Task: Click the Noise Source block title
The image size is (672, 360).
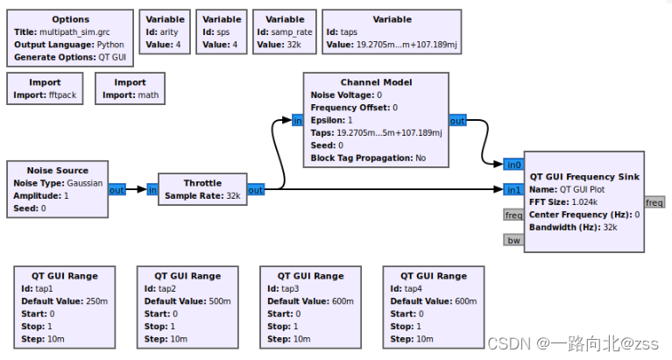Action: (x=59, y=170)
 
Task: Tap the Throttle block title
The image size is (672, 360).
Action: (x=202, y=183)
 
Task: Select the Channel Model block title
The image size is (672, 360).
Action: (x=375, y=82)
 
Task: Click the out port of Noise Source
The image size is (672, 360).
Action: (x=117, y=189)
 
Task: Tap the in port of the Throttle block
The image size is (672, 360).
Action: (x=152, y=189)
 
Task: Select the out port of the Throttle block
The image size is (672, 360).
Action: (x=255, y=189)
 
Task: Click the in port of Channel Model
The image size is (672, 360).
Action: (x=298, y=121)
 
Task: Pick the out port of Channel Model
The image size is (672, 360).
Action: (x=457, y=121)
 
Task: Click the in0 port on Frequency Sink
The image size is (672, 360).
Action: (x=514, y=164)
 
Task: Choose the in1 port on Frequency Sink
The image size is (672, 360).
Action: (x=514, y=189)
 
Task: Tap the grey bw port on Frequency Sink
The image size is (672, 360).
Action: (x=513, y=240)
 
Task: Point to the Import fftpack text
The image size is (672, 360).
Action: (x=46, y=95)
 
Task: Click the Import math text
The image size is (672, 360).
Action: (x=129, y=95)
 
